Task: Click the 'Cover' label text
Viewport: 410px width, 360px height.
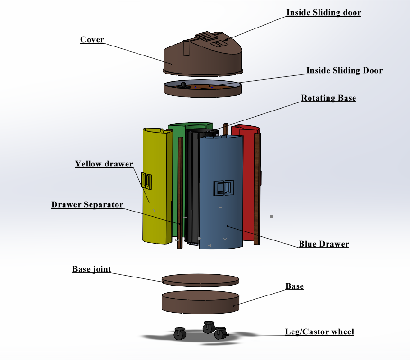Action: click(x=92, y=39)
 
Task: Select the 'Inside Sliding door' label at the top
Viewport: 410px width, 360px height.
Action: click(x=324, y=12)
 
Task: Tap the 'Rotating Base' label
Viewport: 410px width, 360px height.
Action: click(x=328, y=98)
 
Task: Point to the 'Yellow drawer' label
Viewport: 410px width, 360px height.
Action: click(x=104, y=164)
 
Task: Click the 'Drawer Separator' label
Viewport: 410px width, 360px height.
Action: click(x=87, y=204)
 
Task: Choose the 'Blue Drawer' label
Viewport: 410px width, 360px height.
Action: click(x=324, y=244)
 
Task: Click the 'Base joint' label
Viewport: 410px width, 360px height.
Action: click(x=92, y=269)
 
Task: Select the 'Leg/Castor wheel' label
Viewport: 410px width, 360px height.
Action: click(x=319, y=332)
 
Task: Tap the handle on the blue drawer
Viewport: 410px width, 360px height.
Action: click(x=224, y=187)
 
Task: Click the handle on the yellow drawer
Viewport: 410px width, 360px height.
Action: click(x=146, y=181)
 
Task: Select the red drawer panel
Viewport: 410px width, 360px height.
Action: click(x=248, y=183)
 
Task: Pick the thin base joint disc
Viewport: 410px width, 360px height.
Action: click(x=200, y=280)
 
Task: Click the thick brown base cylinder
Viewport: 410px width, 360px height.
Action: click(x=200, y=302)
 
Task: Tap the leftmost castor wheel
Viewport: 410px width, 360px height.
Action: click(x=180, y=334)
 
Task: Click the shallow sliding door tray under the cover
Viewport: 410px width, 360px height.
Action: click(x=203, y=89)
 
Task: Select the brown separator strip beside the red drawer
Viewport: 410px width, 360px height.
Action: click(x=257, y=189)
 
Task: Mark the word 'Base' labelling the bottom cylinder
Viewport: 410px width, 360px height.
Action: click(x=294, y=286)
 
